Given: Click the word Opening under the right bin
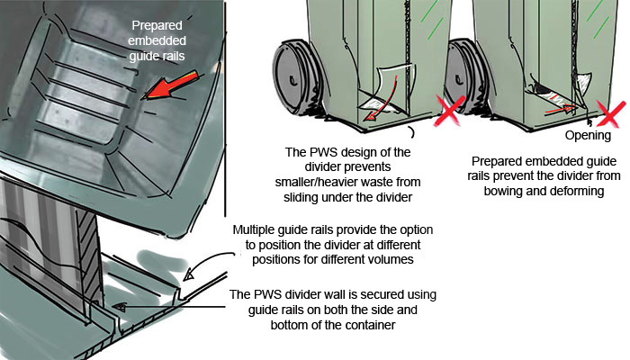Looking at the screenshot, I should coord(589,136).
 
